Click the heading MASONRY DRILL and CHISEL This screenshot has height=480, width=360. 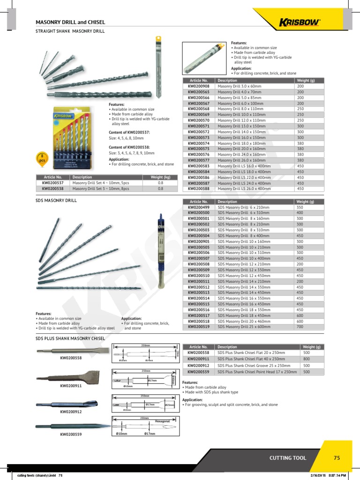(x=70, y=22)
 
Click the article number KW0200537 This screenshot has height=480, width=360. (x=52, y=183)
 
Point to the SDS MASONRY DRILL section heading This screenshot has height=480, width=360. (x=56, y=200)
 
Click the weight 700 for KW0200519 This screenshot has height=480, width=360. (x=300, y=327)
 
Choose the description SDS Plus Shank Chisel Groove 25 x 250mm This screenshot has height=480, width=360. (x=250, y=365)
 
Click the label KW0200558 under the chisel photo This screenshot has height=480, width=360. (x=70, y=358)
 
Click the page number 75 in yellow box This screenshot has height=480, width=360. (x=336, y=458)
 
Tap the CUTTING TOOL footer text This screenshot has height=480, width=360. (x=288, y=458)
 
